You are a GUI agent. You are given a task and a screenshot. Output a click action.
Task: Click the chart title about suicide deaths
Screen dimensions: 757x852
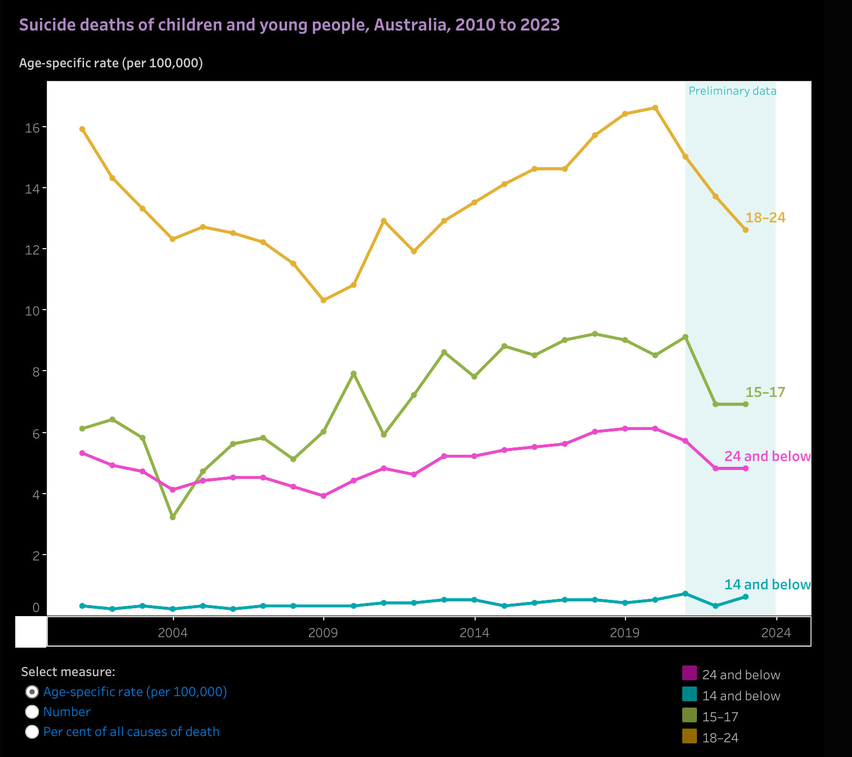pos(289,25)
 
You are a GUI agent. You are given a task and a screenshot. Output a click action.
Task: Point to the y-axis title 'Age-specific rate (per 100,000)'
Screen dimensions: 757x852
pos(111,63)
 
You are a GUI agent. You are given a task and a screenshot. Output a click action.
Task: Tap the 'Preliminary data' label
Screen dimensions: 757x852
pos(732,91)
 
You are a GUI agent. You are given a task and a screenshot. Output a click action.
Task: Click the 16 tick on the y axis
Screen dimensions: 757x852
pos(33,128)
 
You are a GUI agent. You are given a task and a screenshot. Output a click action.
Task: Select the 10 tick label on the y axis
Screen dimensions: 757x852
pos(33,311)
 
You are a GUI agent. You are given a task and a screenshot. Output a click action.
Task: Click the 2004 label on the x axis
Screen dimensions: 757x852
pos(172,632)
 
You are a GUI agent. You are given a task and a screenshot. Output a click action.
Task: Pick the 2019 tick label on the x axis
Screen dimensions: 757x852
pos(625,632)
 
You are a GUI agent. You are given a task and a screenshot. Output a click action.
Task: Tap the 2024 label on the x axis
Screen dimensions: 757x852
pos(776,632)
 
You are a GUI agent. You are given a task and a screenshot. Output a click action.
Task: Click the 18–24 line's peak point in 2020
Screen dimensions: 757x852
pos(655,108)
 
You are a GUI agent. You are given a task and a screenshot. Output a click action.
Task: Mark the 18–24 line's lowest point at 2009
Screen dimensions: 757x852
pos(323,300)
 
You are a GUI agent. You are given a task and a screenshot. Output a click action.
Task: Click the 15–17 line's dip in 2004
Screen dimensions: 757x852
pos(172,517)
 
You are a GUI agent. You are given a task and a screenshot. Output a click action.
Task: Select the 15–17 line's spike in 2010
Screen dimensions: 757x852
pos(354,374)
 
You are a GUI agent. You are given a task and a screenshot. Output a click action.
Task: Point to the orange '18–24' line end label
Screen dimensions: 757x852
pos(765,217)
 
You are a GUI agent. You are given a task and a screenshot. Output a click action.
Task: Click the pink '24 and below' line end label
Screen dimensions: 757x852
pos(767,456)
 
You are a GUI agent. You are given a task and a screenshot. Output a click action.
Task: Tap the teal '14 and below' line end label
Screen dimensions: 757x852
pos(767,585)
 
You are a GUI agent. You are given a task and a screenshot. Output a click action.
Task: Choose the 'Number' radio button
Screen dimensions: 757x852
pos(32,712)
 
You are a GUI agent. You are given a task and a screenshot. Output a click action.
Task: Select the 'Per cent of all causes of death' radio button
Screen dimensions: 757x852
pos(32,732)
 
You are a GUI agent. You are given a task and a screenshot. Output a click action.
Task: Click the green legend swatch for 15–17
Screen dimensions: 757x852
pos(690,715)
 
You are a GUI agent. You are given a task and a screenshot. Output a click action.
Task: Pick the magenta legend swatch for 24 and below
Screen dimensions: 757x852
pos(690,673)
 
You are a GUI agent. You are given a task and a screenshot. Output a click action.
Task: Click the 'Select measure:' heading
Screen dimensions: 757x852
pos(68,672)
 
